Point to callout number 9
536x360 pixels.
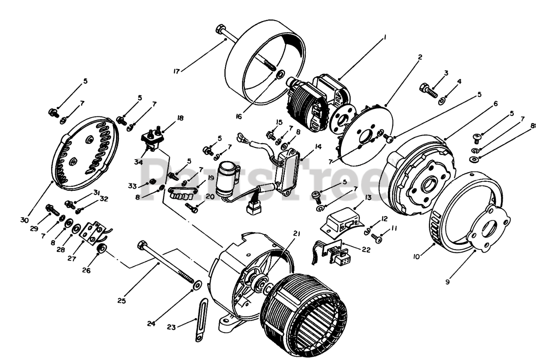[x=448, y=282]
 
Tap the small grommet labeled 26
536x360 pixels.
[x=100, y=250]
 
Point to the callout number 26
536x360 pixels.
[x=86, y=270]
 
